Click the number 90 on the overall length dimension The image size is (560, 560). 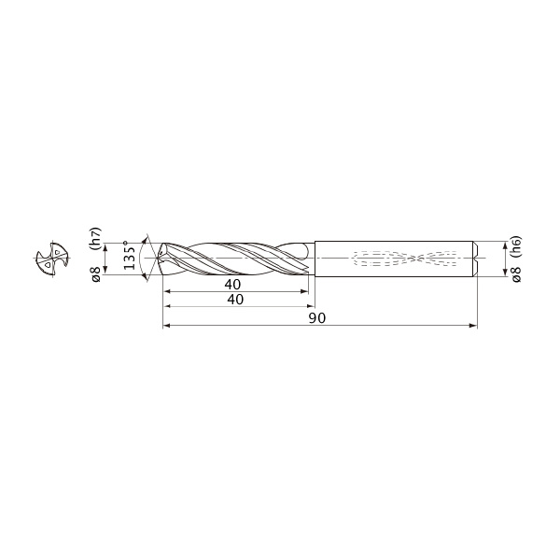[317, 318]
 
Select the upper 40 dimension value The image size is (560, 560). [232, 285]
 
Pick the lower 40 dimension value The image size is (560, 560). [235, 300]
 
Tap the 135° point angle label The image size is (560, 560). [130, 255]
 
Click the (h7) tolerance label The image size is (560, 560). [95, 238]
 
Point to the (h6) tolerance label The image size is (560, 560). [516, 247]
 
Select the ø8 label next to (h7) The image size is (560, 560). [96, 273]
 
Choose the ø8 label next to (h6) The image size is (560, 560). [517, 273]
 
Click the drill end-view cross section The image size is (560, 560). [52, 259]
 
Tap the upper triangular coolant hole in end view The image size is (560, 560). [57, 252]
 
